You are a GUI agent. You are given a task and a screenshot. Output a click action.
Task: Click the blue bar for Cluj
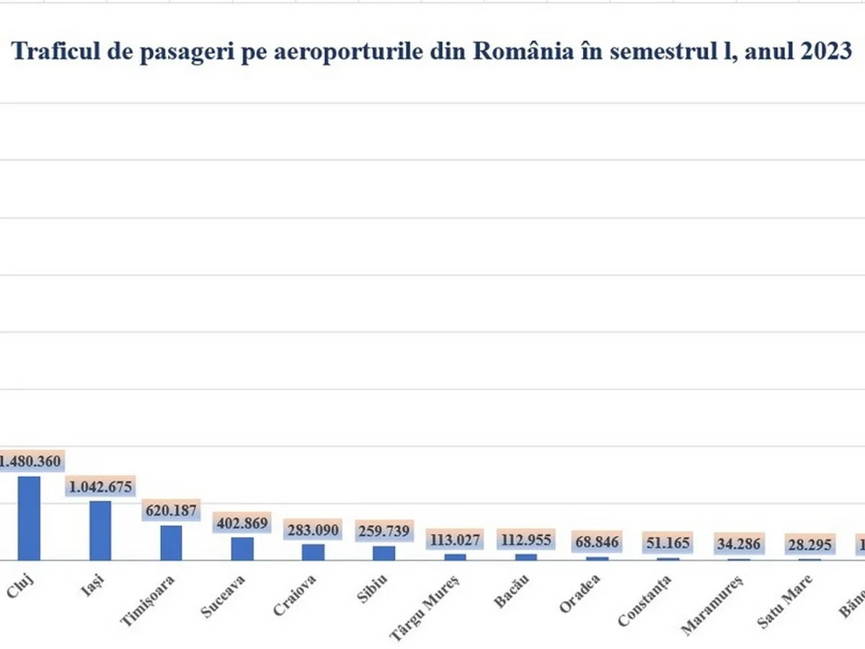pos(29,518)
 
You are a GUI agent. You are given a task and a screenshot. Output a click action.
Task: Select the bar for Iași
pos(99,531)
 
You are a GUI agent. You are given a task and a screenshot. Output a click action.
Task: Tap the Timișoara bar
pos(171,542)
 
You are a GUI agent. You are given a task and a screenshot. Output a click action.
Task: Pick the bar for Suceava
pos(242,549)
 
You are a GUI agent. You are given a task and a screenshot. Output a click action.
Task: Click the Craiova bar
pos(313,552)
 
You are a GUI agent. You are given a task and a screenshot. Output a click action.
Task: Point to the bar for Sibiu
pos(383,552)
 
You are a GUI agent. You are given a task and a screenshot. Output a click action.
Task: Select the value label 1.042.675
pos(100,487)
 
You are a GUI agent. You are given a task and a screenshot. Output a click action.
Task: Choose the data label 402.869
pos(241,524)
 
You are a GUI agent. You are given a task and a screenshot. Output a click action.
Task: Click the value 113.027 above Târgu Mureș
pos(455,539)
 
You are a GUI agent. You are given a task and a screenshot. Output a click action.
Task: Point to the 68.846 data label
pos(597,542)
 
